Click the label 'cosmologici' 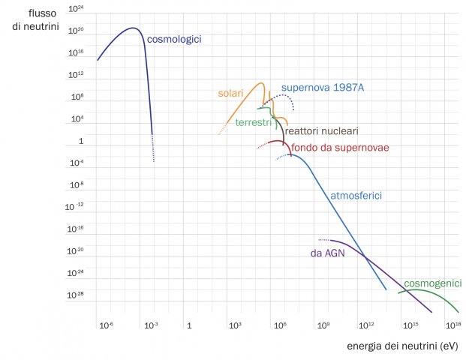point(174,39)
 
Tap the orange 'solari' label point(231,94)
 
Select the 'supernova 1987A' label point(323,88)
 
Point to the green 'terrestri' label point(253,122)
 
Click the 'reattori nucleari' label point(321,130)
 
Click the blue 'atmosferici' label point(357,196)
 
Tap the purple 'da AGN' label point(327,253)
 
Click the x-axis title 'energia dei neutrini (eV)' point(402,346)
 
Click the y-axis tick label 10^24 point(75,10)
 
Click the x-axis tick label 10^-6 point(106,325)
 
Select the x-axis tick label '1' point(190,325)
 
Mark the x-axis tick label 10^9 point(323,325)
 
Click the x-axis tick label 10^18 point(452,325)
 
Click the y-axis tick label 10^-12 point(75,205)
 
